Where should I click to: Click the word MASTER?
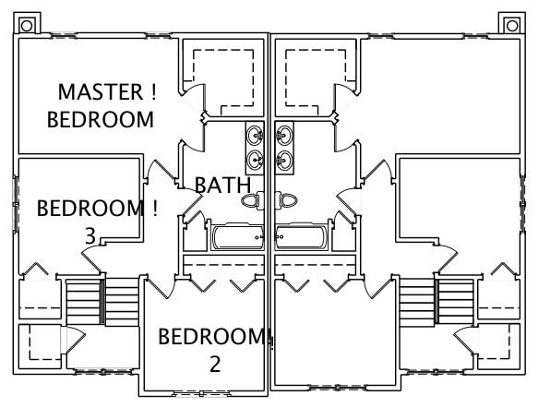pos(95,92)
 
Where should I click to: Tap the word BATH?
pos(221,185)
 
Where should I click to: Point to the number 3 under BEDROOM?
pos(90,236)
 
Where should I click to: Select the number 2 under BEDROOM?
pos(214,364)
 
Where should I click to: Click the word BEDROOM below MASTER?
pos(100,119)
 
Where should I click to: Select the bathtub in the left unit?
pos(237,239)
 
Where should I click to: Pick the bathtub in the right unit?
pos(301,239)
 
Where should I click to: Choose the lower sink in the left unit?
pos(255,161)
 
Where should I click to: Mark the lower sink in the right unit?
pos(284,161)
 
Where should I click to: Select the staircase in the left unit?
pos(101,299)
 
